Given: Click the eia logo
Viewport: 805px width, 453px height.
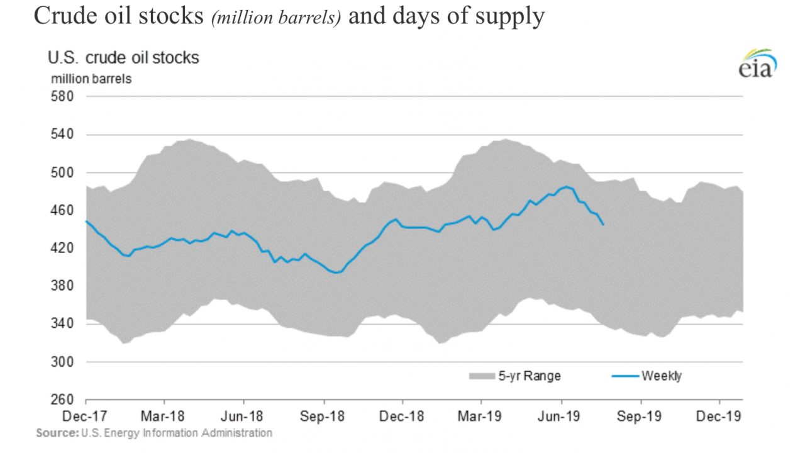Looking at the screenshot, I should [758, 64].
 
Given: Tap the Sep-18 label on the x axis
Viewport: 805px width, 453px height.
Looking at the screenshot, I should [323, 416].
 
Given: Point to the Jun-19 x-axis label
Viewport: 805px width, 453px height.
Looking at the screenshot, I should [561, 416].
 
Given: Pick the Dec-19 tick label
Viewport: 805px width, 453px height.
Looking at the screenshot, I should [719, 416].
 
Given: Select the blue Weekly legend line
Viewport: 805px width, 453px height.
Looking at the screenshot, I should [625, 376].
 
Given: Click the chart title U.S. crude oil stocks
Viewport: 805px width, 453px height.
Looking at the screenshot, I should [123, 58].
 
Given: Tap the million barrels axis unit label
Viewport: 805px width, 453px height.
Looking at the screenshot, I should [91, 79].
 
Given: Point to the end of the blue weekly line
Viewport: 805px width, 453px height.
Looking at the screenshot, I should [604, 225].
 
